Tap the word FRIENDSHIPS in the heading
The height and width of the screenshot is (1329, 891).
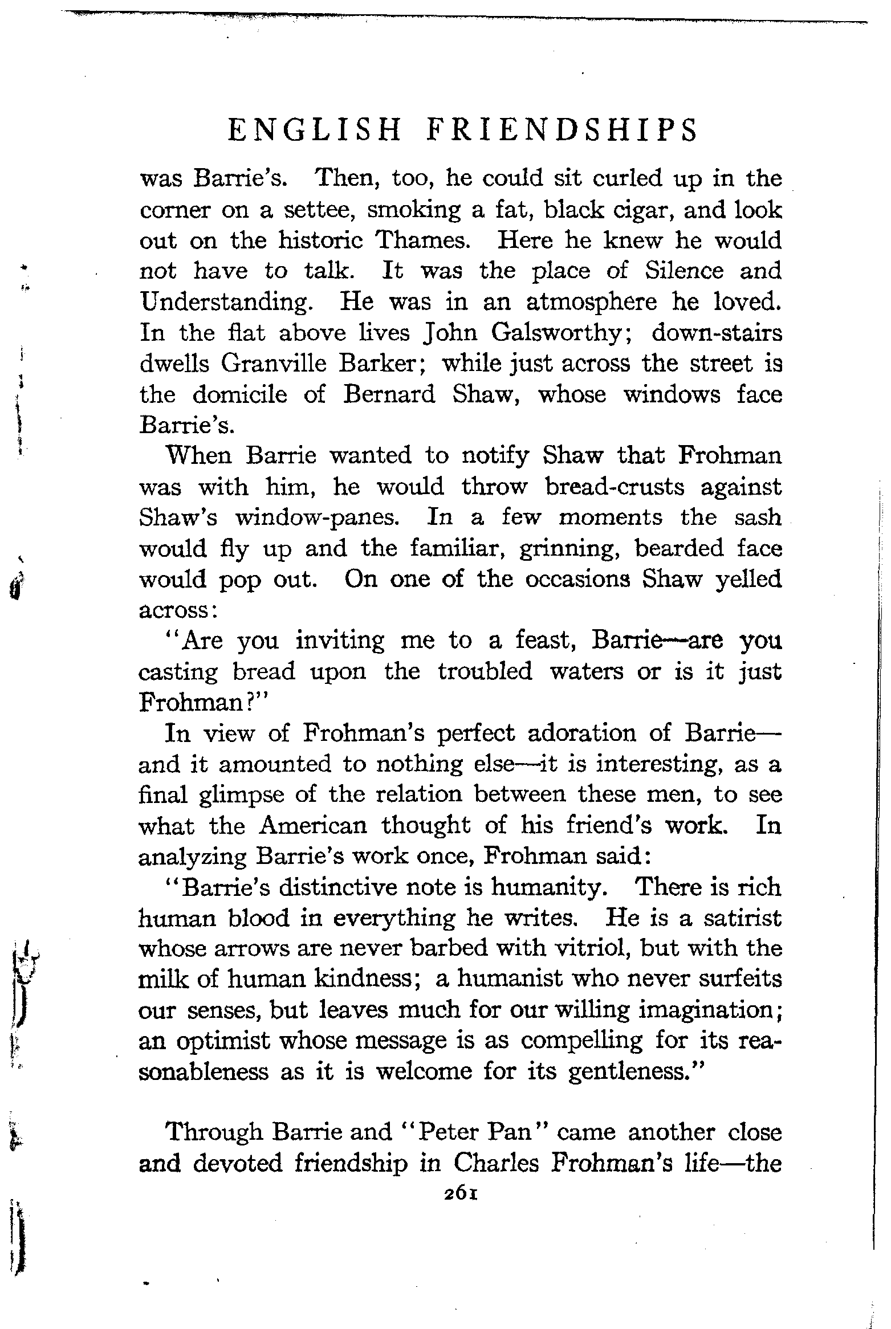[562, 131]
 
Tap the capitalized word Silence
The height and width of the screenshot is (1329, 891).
[684, 271]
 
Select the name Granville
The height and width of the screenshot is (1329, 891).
[274, 364]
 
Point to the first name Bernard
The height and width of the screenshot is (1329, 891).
[389, 394]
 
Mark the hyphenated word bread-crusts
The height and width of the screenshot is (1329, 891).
[607, 487]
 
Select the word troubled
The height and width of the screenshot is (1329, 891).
[485, 671]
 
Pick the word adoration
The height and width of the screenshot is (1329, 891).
[582, 733]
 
